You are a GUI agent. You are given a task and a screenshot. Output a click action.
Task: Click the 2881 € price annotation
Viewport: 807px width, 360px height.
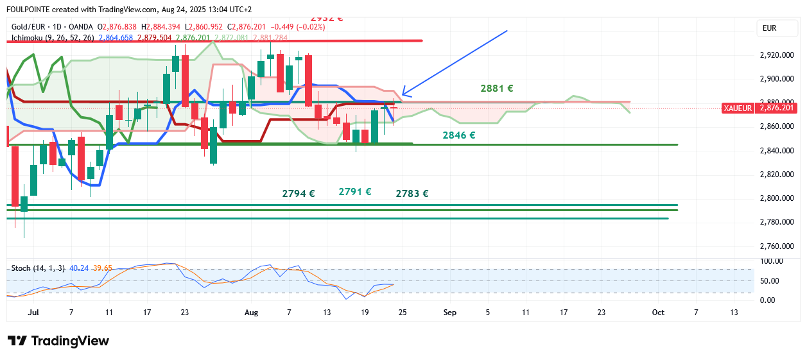pyautogui.click(x=496, y=89)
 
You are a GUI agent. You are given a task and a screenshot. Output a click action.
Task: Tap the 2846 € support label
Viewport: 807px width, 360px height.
pyautogui.click(x=458, y=135)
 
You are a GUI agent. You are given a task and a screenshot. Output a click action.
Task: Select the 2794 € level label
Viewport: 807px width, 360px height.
pyautogui.click(x=299, y=193)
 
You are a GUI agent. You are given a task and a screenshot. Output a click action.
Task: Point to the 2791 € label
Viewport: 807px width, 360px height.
pyautogui.click(x=355, y=191)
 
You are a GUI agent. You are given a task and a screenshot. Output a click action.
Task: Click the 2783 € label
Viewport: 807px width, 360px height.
pyautogui.click(x=412, y=193)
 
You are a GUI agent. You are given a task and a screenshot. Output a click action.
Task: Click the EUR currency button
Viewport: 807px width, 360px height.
pyautogui.click(x=769, y=28)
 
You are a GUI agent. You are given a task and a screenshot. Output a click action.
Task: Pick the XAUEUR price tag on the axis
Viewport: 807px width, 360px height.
pyautogui.click(x=738, y=108)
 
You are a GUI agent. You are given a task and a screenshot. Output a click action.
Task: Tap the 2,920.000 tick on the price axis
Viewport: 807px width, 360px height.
pyautogui.click(x=777, y=55)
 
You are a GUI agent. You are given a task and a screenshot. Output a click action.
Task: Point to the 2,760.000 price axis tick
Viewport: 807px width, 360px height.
pyautogui.click(x=777, y=246)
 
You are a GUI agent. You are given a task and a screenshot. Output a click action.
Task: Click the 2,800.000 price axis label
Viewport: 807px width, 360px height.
pyautogui.click(x=777, y=198)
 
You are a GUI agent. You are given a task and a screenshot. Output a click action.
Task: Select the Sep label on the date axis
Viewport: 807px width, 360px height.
pyautogui.click(x=450, y=313)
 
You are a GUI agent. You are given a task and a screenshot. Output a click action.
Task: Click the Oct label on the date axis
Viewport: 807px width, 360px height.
pyautogui.click(x=658, y=313)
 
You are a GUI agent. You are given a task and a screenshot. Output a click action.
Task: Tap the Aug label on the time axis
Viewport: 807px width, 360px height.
pyautogui.click(x=252, y=313)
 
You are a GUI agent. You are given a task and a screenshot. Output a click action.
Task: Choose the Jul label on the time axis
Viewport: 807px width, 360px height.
pyautogui.click(x=34, y=313)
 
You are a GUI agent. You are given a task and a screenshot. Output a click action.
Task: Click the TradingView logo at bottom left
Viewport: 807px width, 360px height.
pyautogui.click(x=58, y=341)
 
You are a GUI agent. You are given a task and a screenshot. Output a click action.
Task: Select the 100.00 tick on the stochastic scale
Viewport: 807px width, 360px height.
pyautogui.click(x=772, y=261)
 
